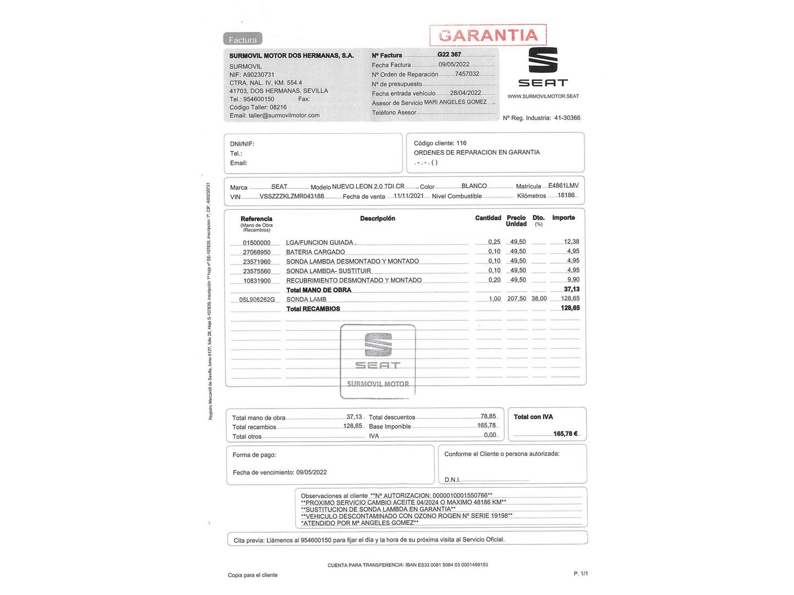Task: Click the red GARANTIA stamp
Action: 488,35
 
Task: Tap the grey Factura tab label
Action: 243,40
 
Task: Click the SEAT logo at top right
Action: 543,67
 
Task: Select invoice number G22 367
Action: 449,55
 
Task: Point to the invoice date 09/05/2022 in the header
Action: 454,64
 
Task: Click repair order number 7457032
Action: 467,74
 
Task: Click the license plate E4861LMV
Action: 563,186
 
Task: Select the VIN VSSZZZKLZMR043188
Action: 292,196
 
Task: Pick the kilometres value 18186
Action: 566,195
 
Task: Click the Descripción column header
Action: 377,219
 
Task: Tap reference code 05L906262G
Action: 256,300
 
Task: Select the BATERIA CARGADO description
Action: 315,252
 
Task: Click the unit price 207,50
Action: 517,299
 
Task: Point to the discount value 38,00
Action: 539,299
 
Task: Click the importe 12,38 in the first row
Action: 571,242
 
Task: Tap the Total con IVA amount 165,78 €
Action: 565,434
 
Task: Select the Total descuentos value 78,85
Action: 488,416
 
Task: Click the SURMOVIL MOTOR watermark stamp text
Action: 378,384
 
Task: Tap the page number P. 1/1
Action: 581,574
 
